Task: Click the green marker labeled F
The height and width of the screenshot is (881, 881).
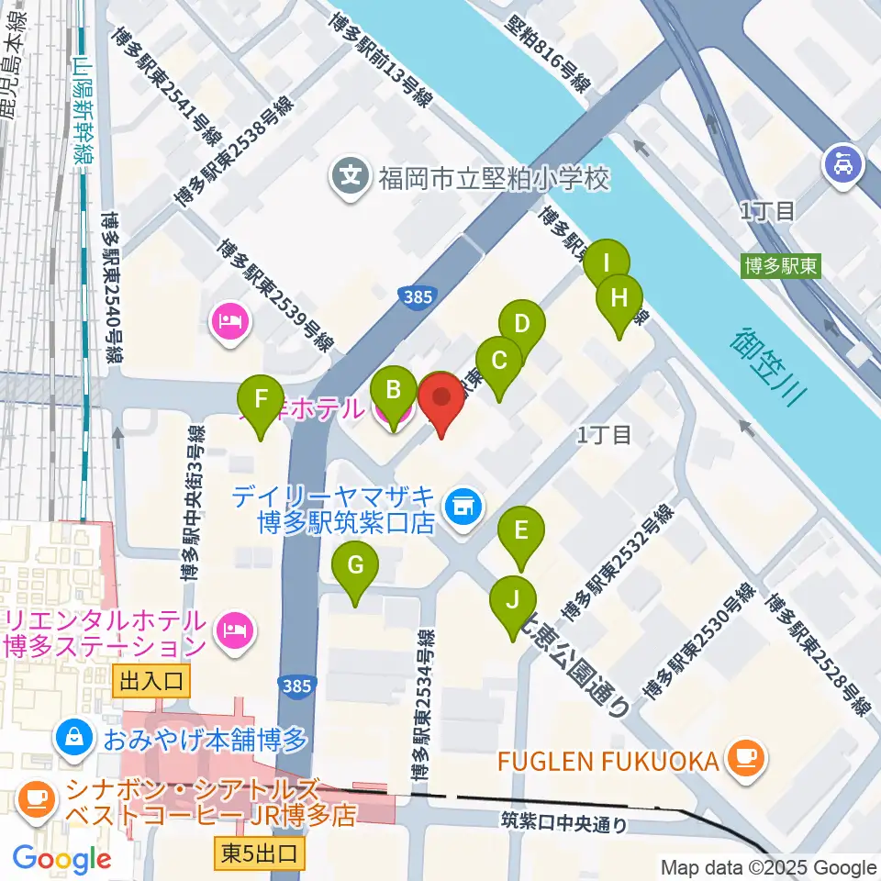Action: coord(262,401)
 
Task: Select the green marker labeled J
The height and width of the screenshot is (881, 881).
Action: coord(513,602)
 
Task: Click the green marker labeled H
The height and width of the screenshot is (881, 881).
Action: coord(619,299)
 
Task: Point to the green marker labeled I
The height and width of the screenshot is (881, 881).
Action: coord(606,263)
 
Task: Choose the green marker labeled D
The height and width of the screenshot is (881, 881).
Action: coord(521,325)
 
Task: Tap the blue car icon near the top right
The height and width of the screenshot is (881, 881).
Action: coord(842,164)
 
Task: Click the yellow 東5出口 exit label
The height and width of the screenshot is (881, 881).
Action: coord(260,853)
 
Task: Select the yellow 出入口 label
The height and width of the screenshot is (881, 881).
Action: coord(153,681)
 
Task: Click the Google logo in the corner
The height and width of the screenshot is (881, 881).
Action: coord(61,858)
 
